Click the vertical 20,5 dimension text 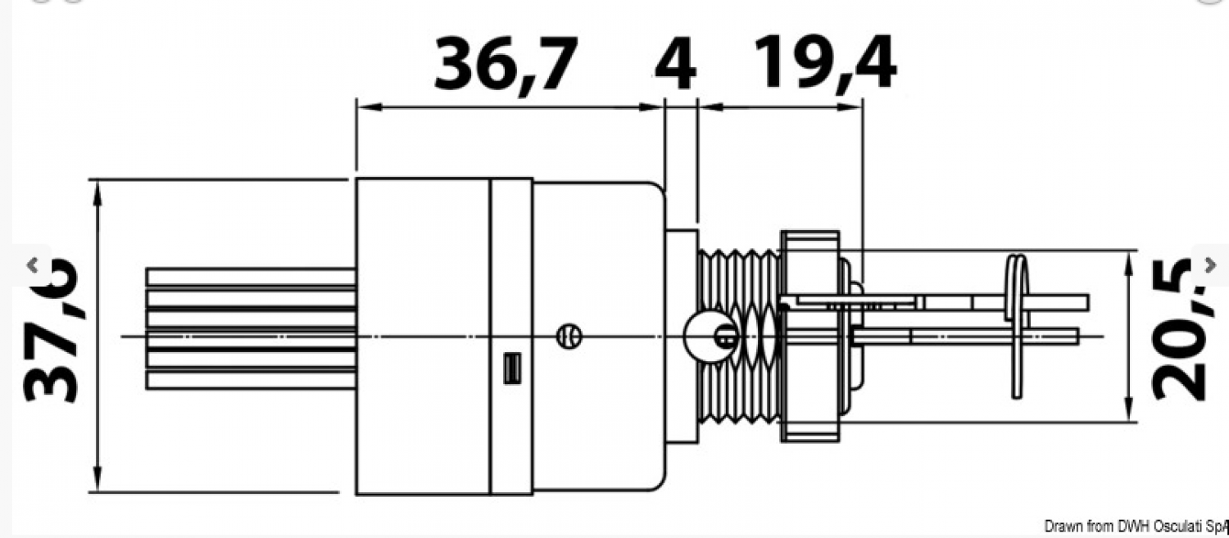[x=1180, y=328]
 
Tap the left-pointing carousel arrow [x=32, y=264]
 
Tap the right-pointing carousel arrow [x=1210, y=264]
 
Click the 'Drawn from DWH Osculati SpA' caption [x=1136, y=526]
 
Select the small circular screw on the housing [x=568, y=336]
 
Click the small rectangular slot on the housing [x=512, y=368]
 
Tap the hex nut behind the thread [x=810, y=336]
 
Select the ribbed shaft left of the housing [x=250, y=328]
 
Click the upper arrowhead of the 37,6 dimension [x=98, y=188]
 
